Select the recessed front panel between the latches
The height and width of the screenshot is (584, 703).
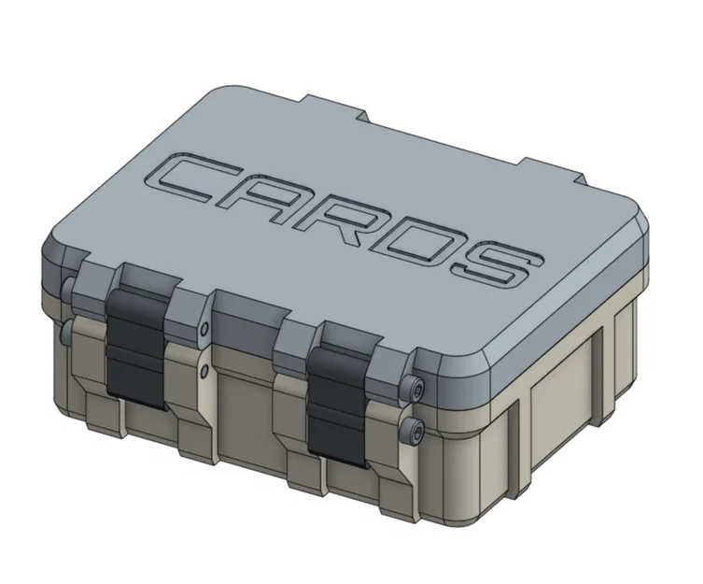(245, 411)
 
